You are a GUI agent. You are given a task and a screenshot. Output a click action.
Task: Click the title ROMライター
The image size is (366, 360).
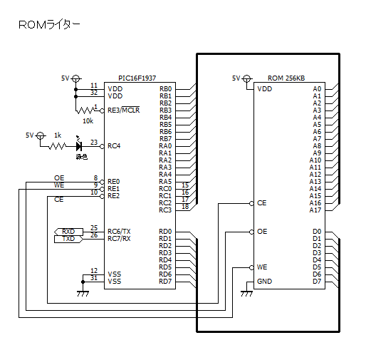click(49, 25)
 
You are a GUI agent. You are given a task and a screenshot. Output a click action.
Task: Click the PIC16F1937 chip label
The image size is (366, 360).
click(137, 78)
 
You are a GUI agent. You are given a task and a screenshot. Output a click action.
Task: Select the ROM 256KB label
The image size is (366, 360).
click(286, 78)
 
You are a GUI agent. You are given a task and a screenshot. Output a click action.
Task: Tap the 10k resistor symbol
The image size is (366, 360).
click(85, 110)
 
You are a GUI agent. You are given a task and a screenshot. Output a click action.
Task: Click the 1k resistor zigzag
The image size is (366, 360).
click(57, 146)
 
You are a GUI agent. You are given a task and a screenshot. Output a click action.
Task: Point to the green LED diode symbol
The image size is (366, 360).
click(79, 146)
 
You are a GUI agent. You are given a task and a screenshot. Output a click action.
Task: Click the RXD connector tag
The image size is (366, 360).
click(68, 232)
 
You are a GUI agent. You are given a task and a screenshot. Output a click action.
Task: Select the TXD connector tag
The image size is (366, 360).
click(68, 239)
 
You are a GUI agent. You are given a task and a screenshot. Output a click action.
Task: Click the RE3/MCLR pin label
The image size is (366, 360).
click(124, 110)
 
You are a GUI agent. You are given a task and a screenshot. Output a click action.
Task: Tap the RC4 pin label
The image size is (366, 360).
click(114, 146)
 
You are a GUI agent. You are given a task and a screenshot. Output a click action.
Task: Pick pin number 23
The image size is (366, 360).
click(94, 142)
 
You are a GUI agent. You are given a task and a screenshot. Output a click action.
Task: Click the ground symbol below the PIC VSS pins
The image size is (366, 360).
click(83, 294)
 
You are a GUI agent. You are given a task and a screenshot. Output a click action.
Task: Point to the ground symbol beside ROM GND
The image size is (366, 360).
click(246, 294)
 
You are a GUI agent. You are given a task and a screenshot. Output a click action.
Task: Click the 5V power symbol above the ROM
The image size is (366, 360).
click(247, 78)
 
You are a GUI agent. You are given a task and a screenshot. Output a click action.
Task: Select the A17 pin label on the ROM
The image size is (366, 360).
click(315, 210)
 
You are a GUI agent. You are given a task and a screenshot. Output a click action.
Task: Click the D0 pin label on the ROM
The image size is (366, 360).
click(317, 232)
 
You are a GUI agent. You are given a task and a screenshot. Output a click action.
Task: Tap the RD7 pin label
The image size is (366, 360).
click(165, 282)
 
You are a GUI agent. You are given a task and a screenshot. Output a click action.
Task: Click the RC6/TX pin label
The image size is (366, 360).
click(119, 232)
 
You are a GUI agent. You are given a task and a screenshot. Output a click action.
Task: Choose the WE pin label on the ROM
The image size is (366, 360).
click(262, 267)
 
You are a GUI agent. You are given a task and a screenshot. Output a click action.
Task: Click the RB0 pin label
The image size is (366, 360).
click(165, 89)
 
